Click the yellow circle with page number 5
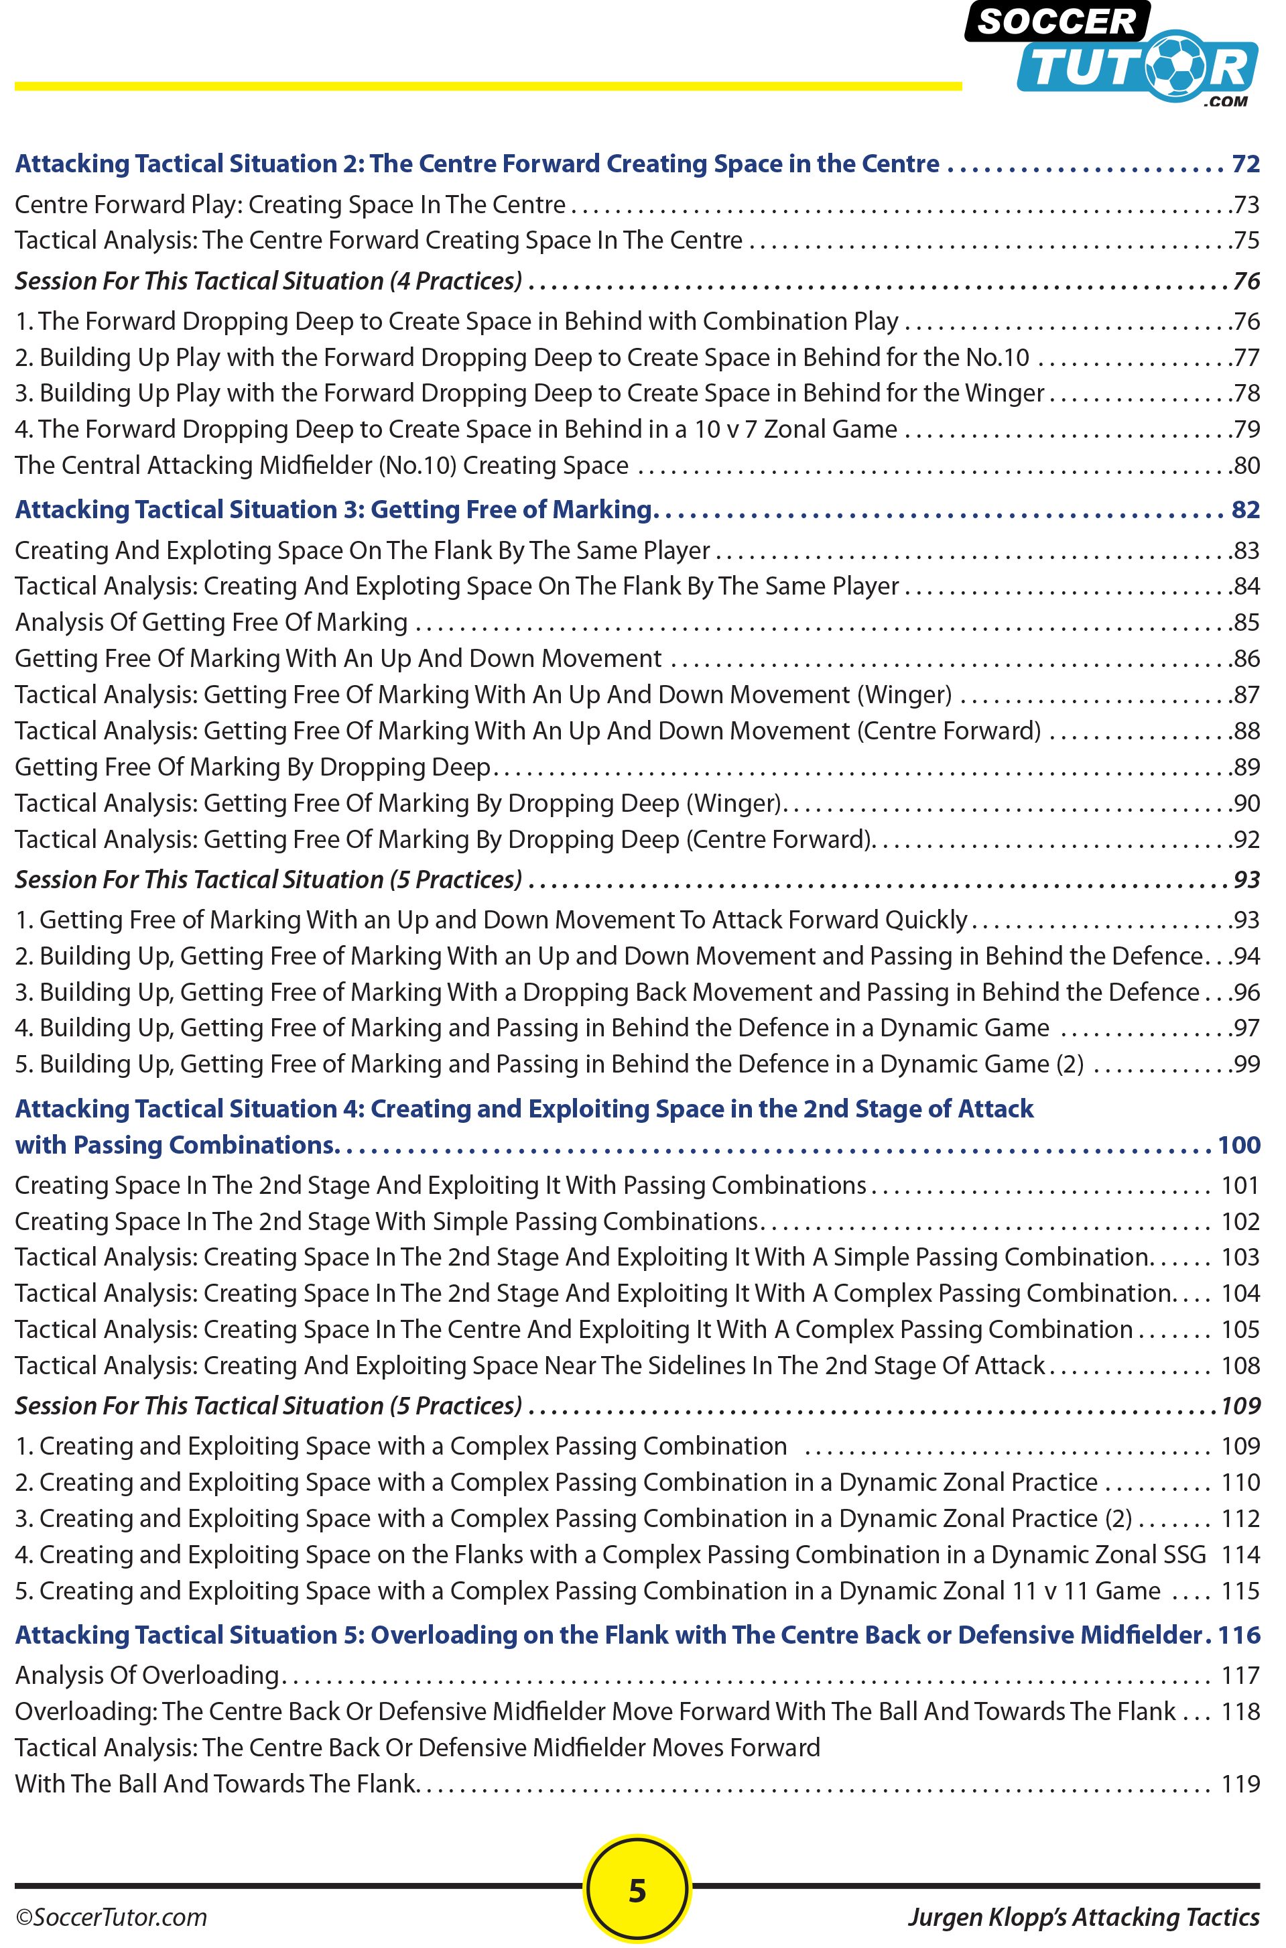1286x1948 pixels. point(637,1889)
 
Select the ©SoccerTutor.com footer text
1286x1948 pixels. point(111,1917)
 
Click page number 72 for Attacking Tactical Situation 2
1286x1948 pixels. point(1245,164)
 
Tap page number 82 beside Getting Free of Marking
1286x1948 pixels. point(1245,509)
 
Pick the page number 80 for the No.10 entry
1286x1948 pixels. point(1246,466)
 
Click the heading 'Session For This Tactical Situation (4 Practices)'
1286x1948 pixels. point(268,282)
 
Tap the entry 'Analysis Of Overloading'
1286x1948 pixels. point(147,1675)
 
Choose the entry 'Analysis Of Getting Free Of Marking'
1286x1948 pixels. point(211,623)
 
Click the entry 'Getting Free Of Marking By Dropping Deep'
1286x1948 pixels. point(253,767)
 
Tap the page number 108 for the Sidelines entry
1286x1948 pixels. point(1240,1365)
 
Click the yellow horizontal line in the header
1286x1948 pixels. point(488,86)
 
